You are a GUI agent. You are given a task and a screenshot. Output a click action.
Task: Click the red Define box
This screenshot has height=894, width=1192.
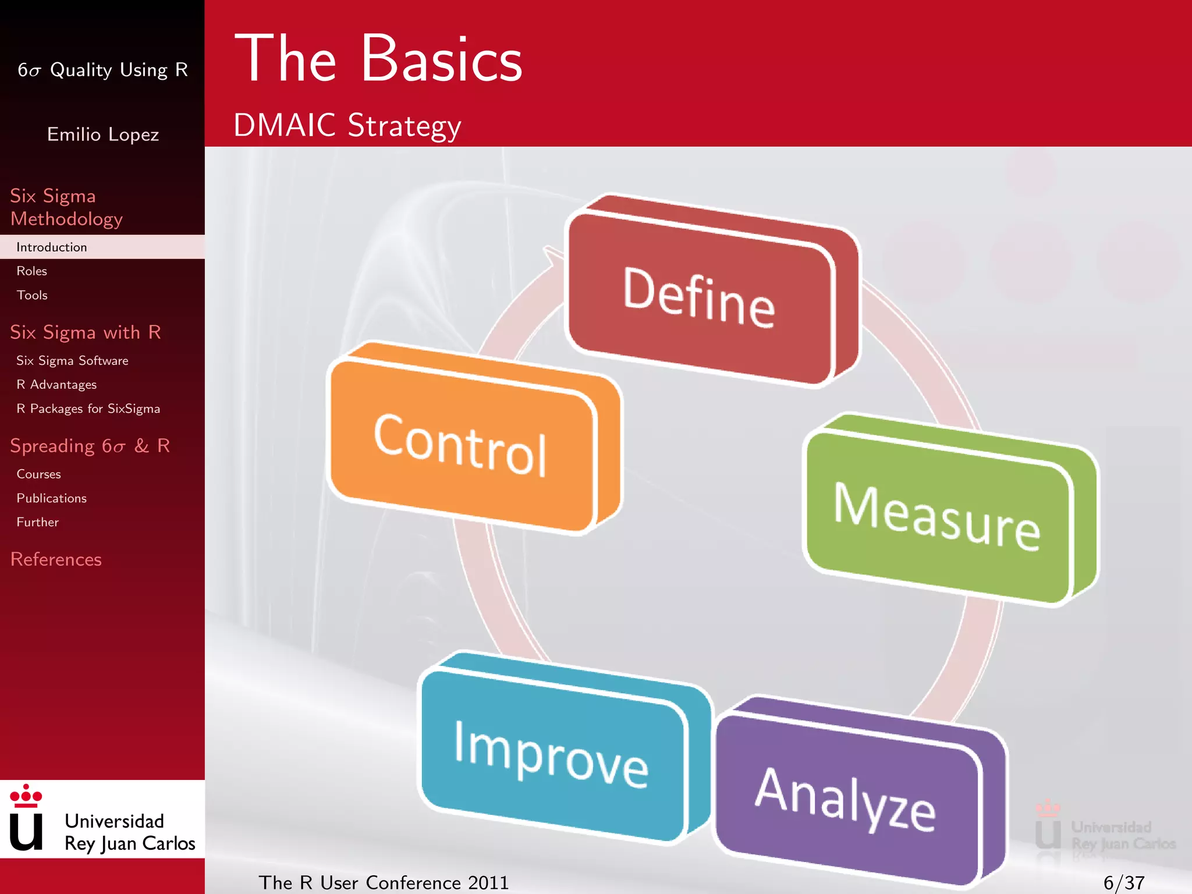(698, 297)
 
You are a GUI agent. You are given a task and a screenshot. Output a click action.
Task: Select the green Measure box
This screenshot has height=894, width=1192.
(937, 516)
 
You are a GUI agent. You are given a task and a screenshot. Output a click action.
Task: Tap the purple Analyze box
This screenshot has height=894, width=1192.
(847, 797)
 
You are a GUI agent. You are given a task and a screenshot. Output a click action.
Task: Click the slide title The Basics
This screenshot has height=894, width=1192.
(378, 59)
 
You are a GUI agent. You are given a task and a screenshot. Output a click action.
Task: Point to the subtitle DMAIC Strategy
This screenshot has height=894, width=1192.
(347, 125)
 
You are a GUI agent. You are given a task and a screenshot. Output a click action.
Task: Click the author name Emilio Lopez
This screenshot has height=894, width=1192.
(103, 134)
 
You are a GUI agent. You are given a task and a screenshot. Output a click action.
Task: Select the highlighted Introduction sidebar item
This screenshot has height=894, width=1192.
(52, 247)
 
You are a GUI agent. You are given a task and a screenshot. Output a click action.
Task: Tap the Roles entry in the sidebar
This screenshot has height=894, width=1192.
(32, 271)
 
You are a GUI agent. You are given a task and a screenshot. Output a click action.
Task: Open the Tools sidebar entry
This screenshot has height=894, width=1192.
(32, 295)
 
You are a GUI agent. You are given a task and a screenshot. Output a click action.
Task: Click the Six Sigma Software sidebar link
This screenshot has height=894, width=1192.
(72, 361)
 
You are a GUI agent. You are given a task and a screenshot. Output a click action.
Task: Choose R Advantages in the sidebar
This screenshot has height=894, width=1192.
(56, 385)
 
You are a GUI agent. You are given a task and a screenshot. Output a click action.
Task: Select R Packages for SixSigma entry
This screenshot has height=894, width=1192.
(88, 409)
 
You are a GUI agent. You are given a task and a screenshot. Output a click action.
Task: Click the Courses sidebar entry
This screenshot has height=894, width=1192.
(38, 474)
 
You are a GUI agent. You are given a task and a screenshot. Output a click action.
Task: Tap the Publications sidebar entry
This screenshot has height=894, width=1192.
(51, 498)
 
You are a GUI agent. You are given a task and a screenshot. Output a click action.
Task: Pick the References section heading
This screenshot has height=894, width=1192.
(56, 559)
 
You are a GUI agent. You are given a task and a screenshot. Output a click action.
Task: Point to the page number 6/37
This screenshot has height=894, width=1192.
(1123, 883)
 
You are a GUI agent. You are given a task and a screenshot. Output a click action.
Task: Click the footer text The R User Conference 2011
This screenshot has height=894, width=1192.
(384, 883)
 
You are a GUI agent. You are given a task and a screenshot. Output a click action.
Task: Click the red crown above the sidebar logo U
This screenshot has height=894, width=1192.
(26, 796)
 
